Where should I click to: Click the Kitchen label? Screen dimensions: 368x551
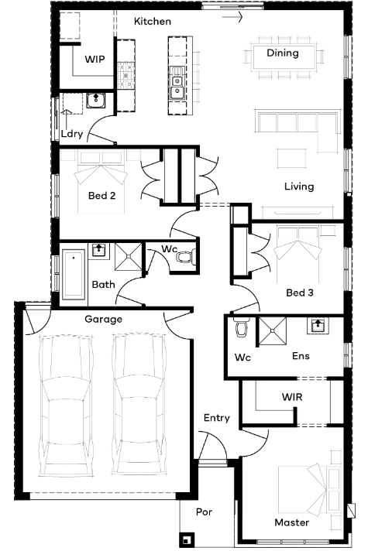(153, 22)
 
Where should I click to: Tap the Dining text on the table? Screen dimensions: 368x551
(283, 53)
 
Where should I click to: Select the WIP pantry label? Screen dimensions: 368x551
(95, 59)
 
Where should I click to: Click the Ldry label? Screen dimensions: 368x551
(72, 134)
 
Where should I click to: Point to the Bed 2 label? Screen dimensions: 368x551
(101, 195)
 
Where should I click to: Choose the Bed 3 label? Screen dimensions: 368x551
(299, 293)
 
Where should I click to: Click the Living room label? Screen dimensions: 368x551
(299, 187)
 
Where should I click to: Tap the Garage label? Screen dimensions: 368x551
(104, 319)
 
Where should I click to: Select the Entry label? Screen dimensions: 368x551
(217, 418)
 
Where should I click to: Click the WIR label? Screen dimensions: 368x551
(292, 397)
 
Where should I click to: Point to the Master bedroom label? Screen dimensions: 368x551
(291, 522)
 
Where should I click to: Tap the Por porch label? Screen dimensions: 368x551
(204, 512)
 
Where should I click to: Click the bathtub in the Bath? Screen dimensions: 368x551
(74, 274)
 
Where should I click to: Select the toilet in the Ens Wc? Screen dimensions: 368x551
(242, 327)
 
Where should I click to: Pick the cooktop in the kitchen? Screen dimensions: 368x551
(126, 75)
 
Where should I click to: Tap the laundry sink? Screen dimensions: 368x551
(95, 101)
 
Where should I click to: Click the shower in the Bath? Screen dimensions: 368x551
(129, 256)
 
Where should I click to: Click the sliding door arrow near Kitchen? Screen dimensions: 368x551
(232, 16)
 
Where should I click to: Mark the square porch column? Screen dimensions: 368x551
(186, 539)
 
